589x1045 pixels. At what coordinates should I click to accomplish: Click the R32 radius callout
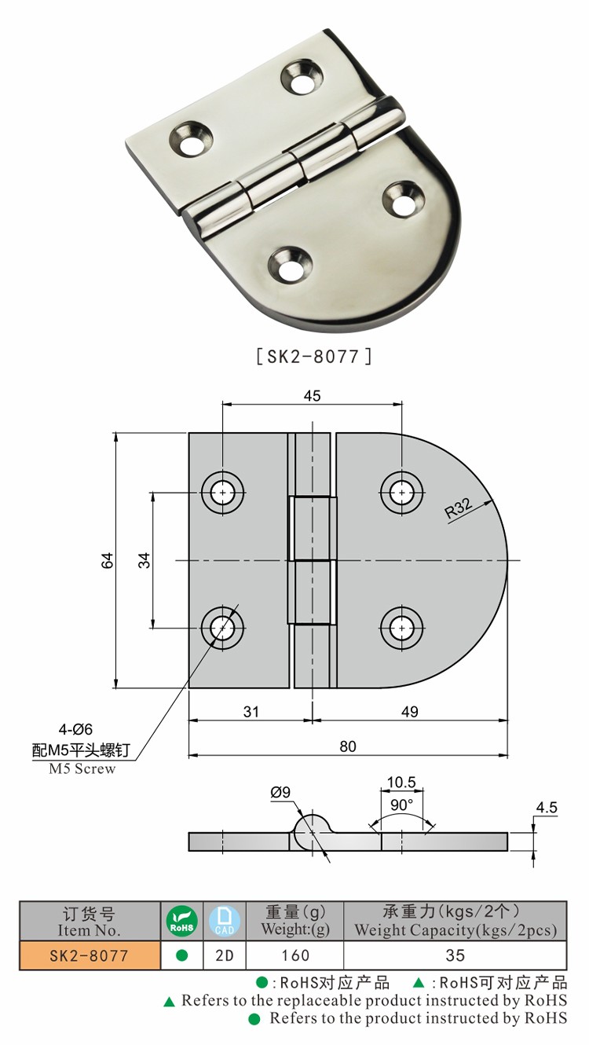459,509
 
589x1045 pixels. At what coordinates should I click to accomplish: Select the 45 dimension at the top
312,396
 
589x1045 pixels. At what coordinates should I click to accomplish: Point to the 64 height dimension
108,560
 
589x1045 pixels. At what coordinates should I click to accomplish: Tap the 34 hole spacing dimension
144,560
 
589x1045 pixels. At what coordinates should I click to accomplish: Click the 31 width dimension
250,711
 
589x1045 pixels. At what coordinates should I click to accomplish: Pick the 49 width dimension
409,711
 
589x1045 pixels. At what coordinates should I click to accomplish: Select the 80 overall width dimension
348,746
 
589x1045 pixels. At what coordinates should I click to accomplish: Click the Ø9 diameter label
280,794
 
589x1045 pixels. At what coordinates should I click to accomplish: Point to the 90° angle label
402,805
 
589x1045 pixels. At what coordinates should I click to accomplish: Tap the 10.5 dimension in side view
401,783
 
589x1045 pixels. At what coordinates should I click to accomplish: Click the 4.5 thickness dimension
547,807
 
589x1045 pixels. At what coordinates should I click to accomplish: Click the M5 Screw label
82,769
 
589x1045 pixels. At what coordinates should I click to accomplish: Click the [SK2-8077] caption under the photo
313,356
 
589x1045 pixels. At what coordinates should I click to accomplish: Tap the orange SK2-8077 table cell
89,955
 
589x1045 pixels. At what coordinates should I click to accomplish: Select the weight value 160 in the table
294,955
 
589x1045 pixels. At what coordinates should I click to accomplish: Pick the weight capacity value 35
455,955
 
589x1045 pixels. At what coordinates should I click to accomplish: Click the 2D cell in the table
225,955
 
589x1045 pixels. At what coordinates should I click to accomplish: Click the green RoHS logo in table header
182,921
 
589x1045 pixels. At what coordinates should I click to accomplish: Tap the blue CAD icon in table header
225,921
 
